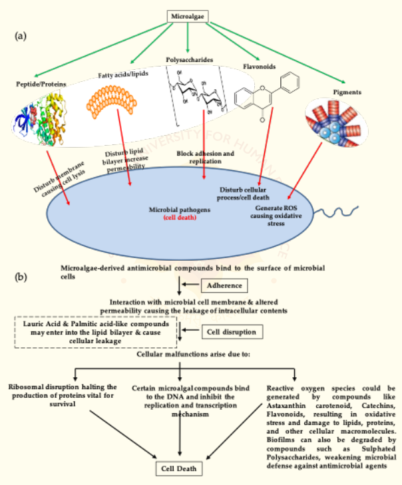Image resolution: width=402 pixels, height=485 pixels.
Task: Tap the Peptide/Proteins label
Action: (41, 84)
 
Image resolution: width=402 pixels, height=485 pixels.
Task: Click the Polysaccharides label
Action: (189, 60)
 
